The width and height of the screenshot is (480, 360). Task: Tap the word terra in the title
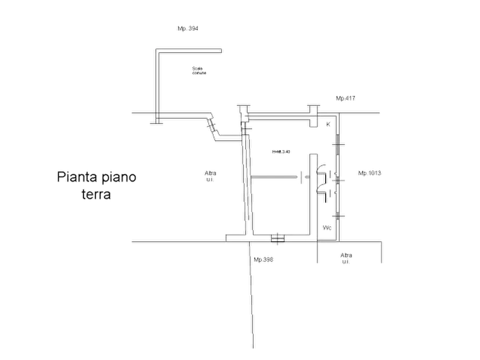pos(97,195)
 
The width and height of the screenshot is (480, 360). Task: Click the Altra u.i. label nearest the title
pos(209,175)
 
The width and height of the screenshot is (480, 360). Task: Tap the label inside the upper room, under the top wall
pos(198,70)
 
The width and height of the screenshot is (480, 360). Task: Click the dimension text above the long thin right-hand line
pos(346,98)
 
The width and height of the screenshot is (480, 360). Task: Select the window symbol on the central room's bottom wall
pos(278,237)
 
